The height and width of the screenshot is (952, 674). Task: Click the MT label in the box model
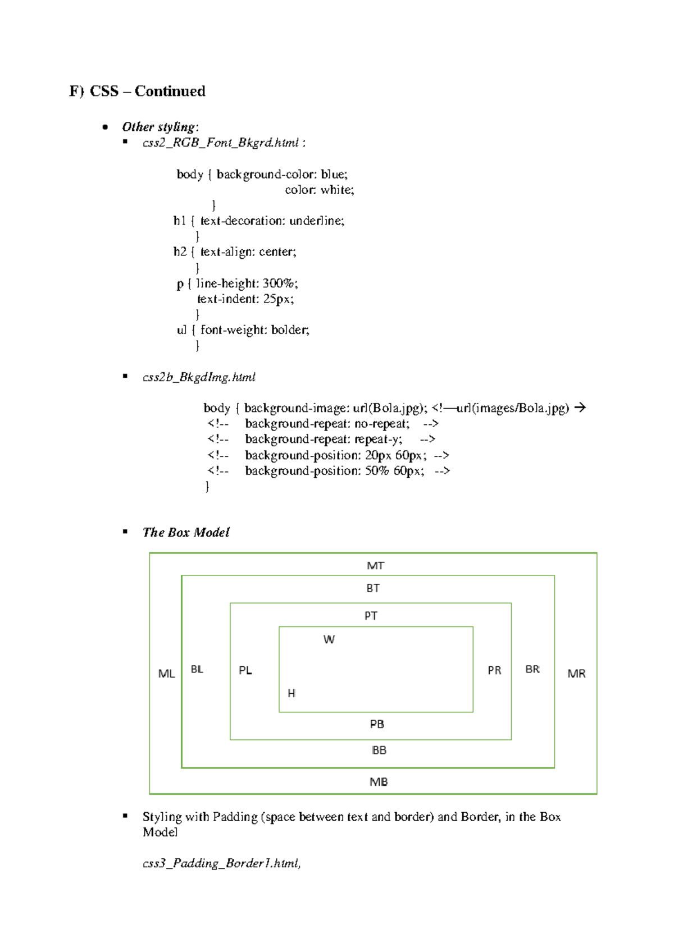375,566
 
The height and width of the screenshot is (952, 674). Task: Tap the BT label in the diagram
373,588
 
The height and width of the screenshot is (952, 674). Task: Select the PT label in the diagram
371,616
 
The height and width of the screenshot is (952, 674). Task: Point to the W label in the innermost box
329,639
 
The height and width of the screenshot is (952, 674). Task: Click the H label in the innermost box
292,693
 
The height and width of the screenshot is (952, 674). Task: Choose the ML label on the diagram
166,674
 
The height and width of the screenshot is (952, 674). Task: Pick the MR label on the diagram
576,674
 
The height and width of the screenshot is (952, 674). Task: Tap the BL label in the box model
197,669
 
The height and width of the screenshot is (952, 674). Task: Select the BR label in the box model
532,669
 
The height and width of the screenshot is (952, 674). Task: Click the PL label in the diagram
245,670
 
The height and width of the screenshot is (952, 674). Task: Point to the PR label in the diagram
494,670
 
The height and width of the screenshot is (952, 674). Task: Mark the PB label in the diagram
377,724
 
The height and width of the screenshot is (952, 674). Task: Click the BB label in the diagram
379,750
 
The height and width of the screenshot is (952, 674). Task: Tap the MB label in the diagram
379,782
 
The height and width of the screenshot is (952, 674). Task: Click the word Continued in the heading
170,91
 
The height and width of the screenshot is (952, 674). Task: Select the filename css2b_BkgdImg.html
199,377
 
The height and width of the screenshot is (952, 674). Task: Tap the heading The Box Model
186,532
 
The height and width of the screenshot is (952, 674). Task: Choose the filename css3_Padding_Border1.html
221,863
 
